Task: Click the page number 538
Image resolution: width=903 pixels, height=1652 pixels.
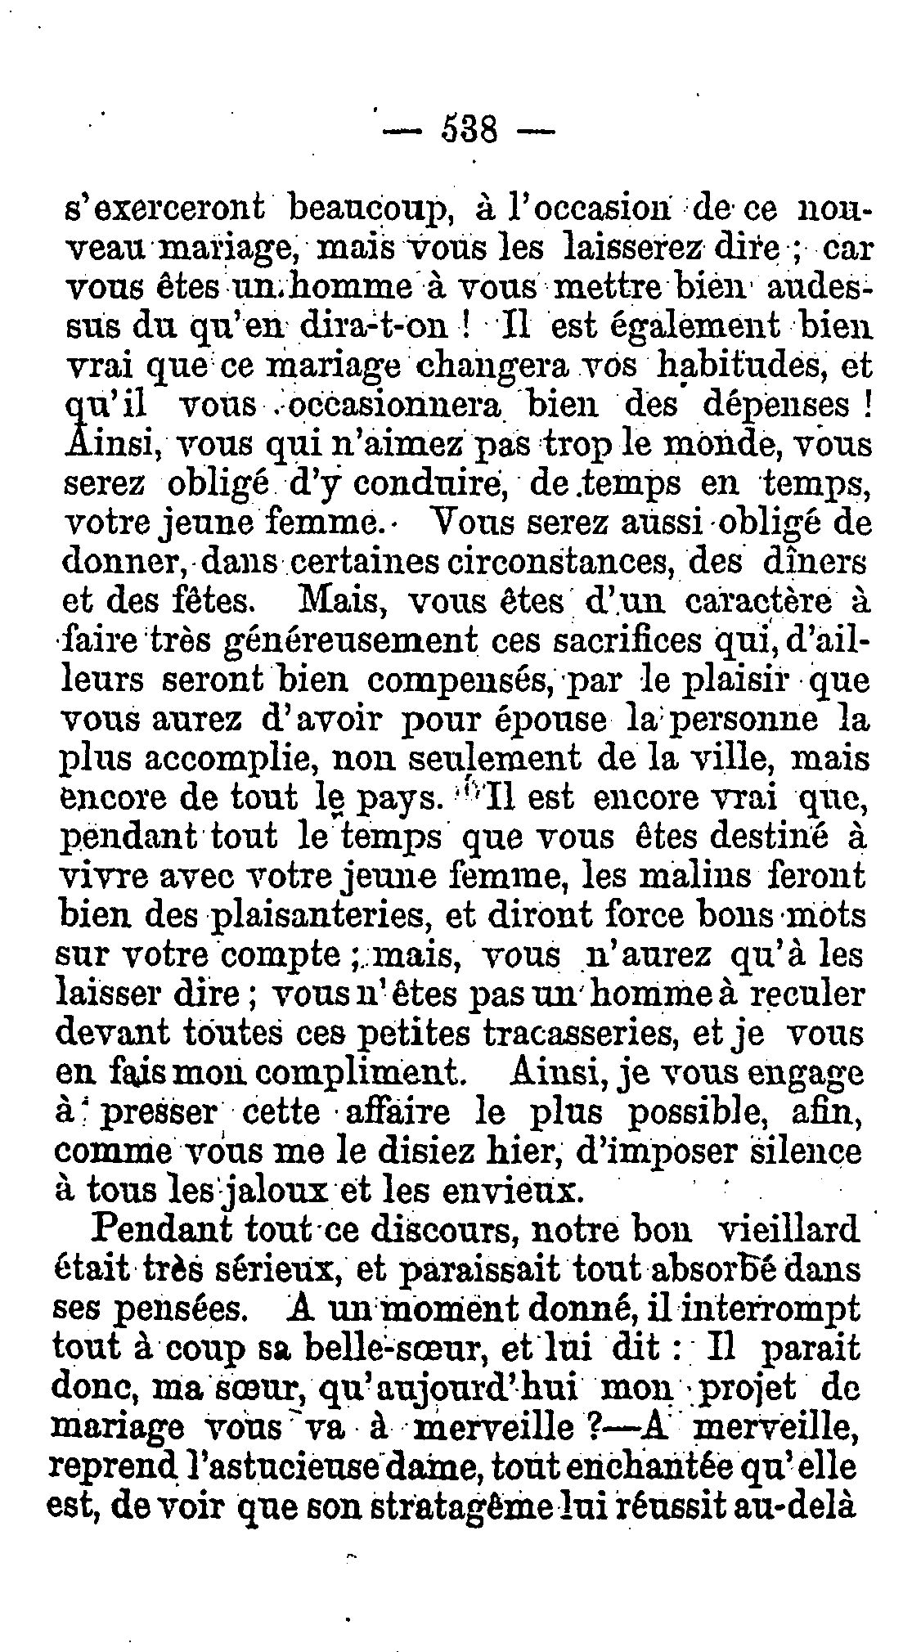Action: [469, 128]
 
